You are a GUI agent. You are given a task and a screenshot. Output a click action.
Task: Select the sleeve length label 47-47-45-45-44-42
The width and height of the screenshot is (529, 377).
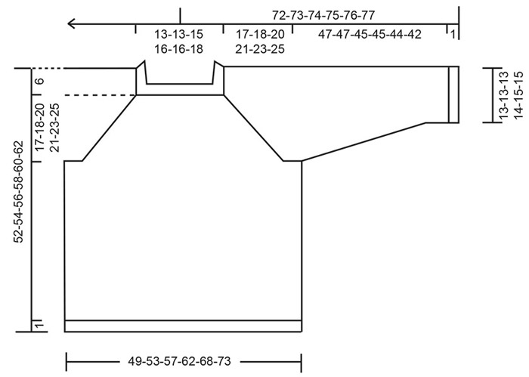pos(370,34)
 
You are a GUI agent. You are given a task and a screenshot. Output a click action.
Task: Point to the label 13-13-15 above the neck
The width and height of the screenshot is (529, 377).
pos(178,34)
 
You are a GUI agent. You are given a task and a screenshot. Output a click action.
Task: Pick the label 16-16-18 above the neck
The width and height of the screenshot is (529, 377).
pos(178,48)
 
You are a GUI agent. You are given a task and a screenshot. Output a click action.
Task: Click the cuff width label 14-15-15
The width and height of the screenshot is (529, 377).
pos(518,94)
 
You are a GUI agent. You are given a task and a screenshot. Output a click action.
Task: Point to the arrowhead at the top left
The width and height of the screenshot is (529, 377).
pos(73,23)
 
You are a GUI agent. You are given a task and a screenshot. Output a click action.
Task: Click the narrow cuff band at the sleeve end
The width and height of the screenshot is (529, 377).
pos(453,94)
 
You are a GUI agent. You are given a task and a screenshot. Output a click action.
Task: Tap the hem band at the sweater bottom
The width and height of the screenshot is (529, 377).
pos(184,326)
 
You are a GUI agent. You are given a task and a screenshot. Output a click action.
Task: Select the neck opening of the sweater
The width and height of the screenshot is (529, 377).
pos(180,76)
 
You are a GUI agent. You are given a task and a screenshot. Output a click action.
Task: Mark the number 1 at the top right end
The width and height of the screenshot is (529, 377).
pos(451,34)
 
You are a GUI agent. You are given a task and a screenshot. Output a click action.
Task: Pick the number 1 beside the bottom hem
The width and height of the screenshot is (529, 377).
pos(40,325)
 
